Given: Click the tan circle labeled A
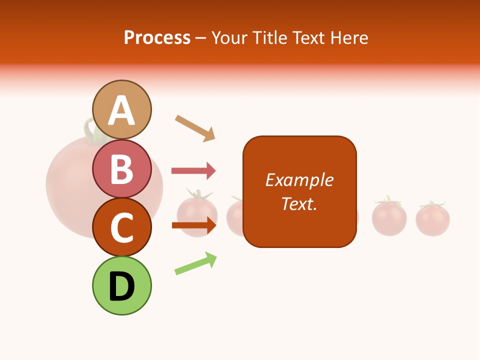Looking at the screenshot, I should pos(121,109).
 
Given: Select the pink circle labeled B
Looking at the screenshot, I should pos(121,168).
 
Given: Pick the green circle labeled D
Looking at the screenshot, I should pos(121,285).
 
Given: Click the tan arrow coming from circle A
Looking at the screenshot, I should pos(195,128).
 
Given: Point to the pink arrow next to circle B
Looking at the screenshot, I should pos(193,171).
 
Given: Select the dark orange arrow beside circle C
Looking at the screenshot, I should pos(193,225).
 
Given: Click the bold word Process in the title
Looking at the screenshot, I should pos(157,38).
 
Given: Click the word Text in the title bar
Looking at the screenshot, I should pos(309,38).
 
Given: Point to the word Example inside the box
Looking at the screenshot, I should pos(299,180).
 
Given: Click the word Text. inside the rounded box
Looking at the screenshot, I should pos(299,203).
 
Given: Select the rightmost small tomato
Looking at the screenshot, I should pos(432,219).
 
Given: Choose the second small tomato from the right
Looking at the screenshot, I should pos(388,217).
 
